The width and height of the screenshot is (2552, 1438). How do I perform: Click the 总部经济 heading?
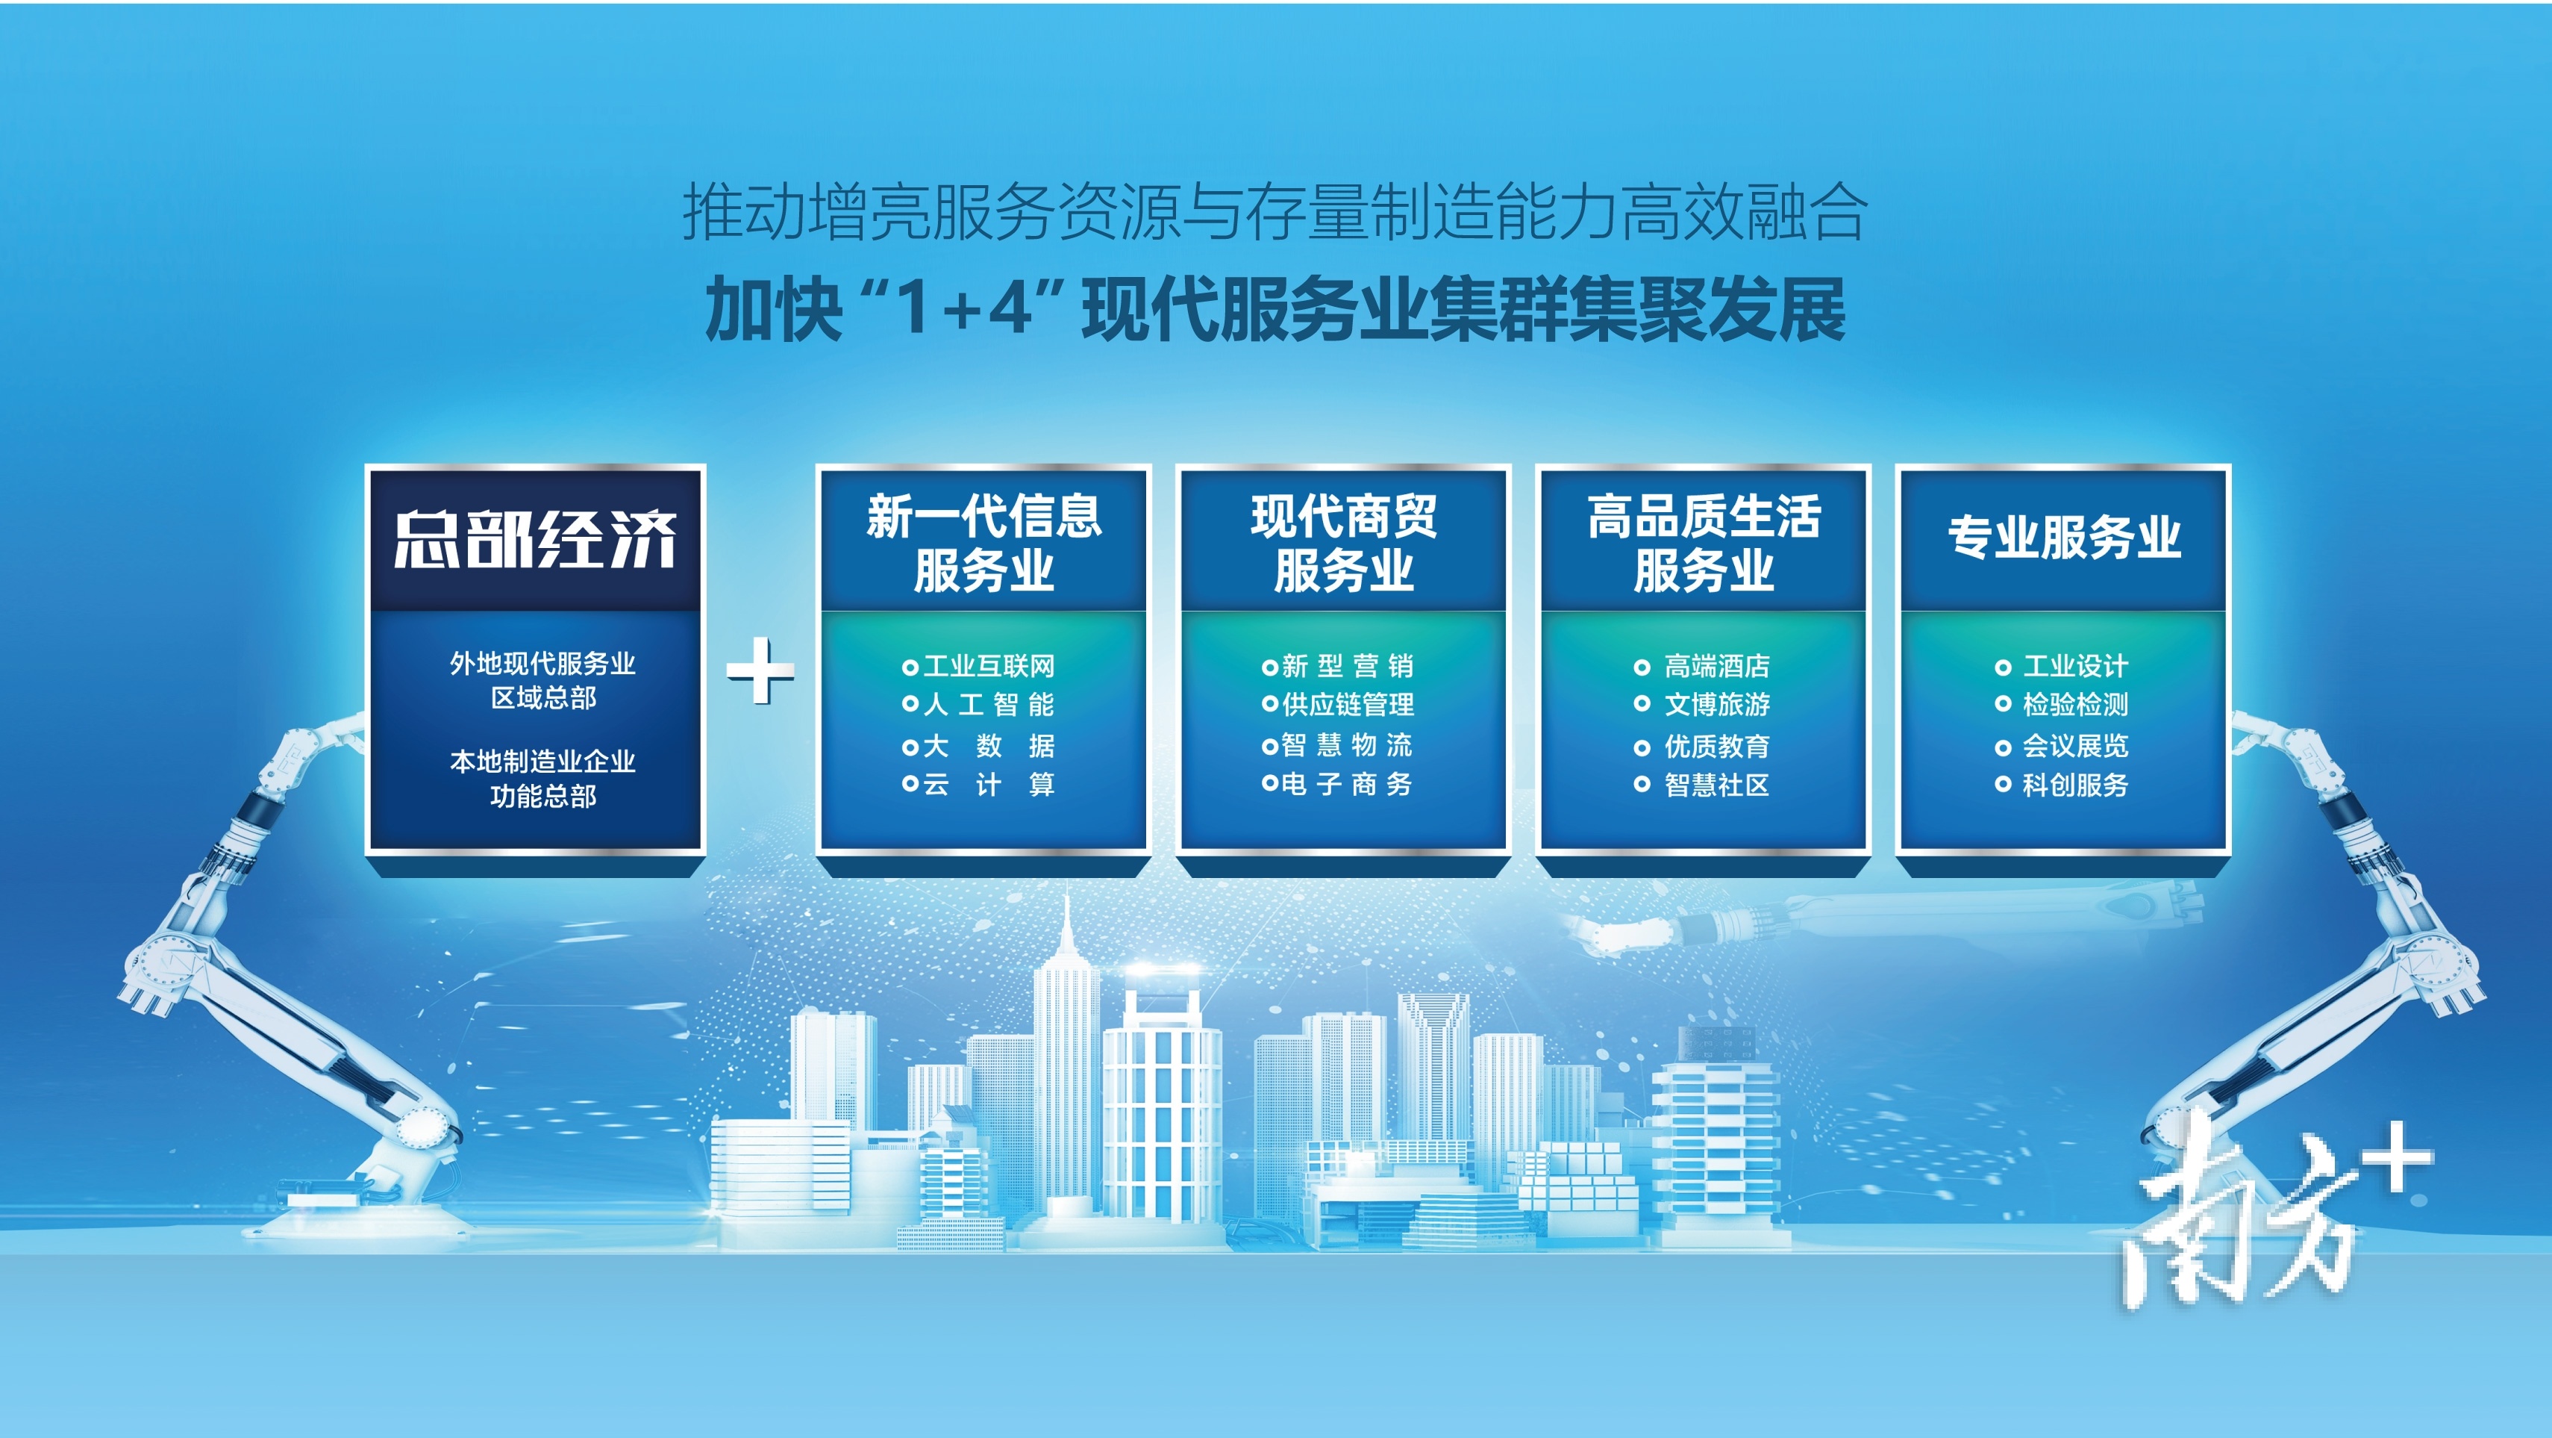535,540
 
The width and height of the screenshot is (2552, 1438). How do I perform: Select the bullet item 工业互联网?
979,666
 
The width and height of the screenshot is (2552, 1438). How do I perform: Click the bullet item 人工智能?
979,705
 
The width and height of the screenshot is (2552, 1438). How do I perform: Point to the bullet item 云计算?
979,785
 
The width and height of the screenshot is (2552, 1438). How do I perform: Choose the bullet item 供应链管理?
1339,705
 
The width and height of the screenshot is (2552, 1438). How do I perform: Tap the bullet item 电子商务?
1339,785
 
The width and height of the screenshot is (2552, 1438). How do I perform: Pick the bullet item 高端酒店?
1702,666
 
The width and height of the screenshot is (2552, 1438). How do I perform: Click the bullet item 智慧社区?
1702,785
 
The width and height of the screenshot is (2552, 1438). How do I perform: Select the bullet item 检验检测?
2062,705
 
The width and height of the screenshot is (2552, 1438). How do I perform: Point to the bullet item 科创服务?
2062,785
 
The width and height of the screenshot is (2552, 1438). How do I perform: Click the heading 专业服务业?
2065,537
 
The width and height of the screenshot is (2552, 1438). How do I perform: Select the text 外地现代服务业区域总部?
543,680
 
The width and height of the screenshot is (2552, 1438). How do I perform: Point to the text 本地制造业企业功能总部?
543,778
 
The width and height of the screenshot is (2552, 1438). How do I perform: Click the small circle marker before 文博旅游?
1642,705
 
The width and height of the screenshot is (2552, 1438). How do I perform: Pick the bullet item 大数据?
979,745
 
